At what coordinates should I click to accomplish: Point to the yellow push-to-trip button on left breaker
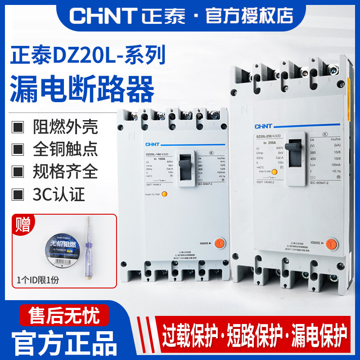165,195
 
